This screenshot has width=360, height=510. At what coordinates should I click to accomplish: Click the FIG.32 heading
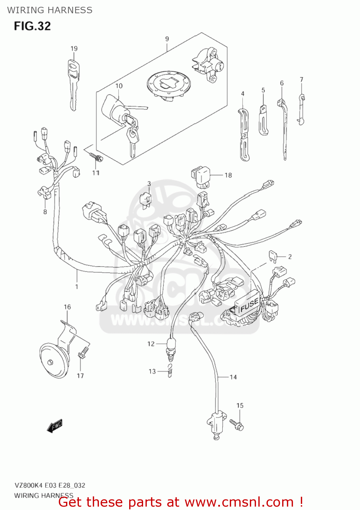pos(32,26)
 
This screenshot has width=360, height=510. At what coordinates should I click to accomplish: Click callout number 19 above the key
pos(74,49)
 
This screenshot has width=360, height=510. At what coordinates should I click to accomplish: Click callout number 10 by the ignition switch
pos(119,86)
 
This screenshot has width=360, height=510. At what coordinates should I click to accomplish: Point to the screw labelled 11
pos(96,157)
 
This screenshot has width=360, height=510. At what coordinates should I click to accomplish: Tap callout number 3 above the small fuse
pos(149,184)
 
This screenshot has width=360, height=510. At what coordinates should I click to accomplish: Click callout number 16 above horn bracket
pos(67,307)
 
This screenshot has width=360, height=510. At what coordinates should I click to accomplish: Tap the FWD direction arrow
pos(54,426)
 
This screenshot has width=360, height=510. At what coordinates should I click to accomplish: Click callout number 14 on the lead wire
pos(233,377)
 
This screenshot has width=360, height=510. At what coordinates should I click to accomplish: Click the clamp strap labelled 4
pos(244,134)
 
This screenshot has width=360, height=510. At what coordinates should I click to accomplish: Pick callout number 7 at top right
pos(302,80)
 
